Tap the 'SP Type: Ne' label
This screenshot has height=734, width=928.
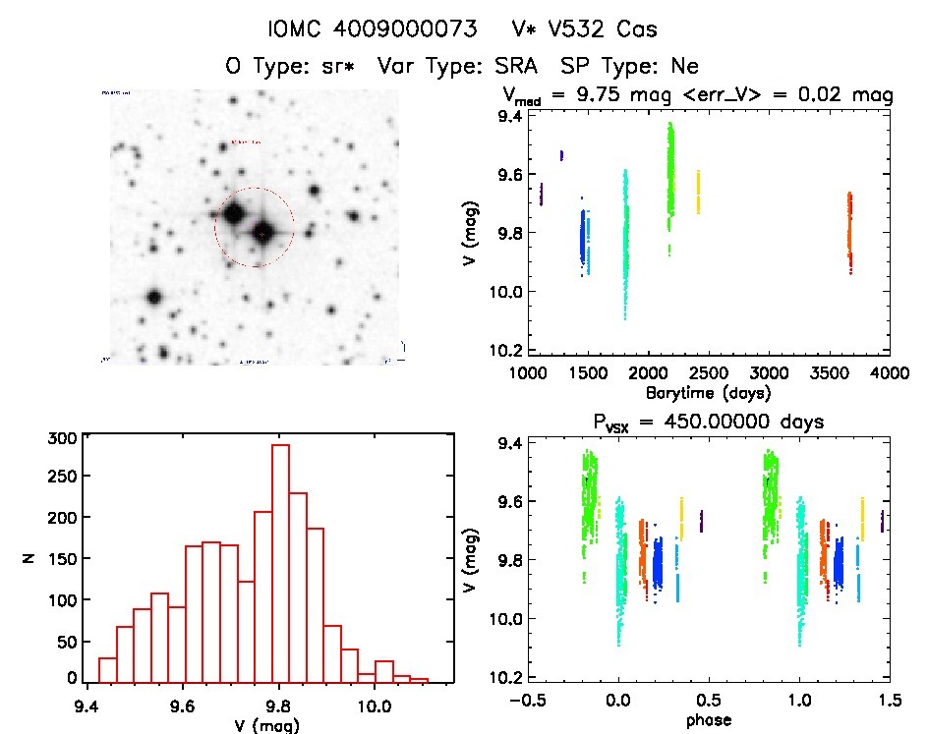pyautogui.click(x=629, y=67)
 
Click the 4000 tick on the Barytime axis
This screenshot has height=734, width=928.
pyautogui.click(x=891, y=373)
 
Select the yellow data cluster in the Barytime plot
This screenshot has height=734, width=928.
pyautogui.click(x=699, y=192)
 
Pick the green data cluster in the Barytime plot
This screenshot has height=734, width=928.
pyautogui.click(x=670, y=167)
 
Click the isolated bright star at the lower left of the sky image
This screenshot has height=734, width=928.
pyautogui.click(x=153, y=297)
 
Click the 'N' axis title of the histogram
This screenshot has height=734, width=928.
pyautogui.click(x=30, y=560)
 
